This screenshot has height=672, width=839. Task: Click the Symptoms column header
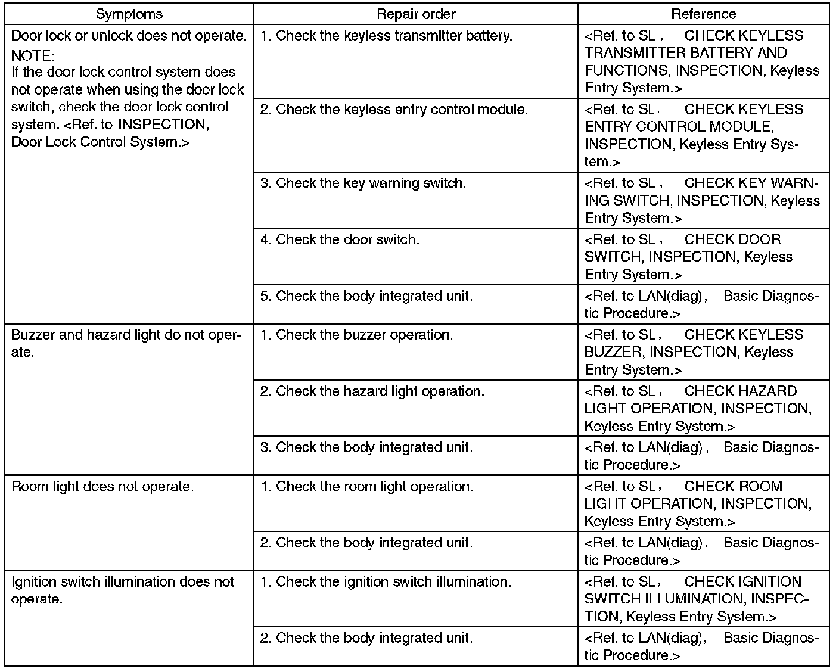pos(129,14)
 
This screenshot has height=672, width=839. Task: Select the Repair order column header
pos(416,14)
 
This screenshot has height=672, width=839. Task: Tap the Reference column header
pos(703,14)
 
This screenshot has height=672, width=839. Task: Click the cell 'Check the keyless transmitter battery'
pos(386,36)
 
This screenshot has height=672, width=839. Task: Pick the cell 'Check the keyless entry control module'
pos(394,110)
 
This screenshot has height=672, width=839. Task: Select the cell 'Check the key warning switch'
pos(363,183)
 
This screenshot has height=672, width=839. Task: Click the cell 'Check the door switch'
pos(340,239)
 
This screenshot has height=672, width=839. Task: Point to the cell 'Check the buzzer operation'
pos(356,335)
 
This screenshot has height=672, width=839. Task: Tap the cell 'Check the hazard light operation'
pos(372,391)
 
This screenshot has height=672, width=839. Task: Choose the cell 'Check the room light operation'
pos(367,487)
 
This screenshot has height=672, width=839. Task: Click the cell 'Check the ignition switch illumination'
pos(386,582)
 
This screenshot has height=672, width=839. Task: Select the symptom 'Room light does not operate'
pos(102,487)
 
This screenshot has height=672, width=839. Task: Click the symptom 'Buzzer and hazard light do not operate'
pos(126,343)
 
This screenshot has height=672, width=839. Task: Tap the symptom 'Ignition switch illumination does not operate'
pos(123,590)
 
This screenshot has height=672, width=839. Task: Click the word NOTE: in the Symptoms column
pos(33,55)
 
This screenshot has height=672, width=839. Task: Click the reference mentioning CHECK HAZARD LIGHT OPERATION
pos(697,409)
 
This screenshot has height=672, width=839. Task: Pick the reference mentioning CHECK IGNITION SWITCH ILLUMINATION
pos(697,599)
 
